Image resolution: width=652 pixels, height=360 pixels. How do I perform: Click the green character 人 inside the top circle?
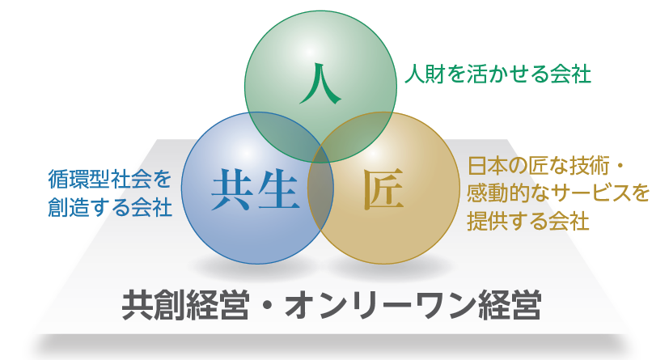pos(320,83)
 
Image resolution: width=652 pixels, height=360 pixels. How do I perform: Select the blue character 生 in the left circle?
pos(278,189)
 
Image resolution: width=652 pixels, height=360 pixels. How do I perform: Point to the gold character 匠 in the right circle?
pos(383,189)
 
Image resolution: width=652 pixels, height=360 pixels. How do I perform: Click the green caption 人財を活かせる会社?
pos(497,74)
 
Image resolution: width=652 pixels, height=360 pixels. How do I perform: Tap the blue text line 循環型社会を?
pos(110,179)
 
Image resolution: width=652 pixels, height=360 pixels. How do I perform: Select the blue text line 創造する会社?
pos(110,206)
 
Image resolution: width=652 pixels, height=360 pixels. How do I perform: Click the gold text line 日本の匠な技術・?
pos(544,166)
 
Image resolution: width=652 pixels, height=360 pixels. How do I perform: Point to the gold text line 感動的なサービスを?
pos(558,193)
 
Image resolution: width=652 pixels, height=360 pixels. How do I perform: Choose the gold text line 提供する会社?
pos(528,221)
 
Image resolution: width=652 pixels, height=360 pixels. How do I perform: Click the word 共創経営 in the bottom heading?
pos(185,305)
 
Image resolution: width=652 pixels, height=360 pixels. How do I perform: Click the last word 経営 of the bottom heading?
pos(510,305)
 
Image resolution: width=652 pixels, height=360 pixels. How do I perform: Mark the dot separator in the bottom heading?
pos(268,306)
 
